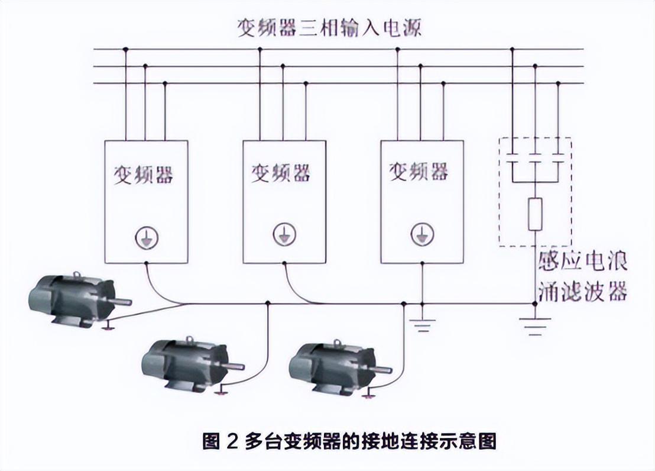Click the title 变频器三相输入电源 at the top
tap(329, 28)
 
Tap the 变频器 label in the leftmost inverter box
tap(144, 174)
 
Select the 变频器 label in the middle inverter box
tap(282, 173)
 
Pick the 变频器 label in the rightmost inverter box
tap(419, 172)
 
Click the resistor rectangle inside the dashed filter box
tap(535, 214)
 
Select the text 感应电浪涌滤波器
tap(582, 276)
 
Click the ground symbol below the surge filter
tap(534, 325)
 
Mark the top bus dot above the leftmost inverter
tap(125, 49)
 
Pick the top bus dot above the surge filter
tap(512, 49)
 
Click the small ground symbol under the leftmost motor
tap(108, 327)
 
